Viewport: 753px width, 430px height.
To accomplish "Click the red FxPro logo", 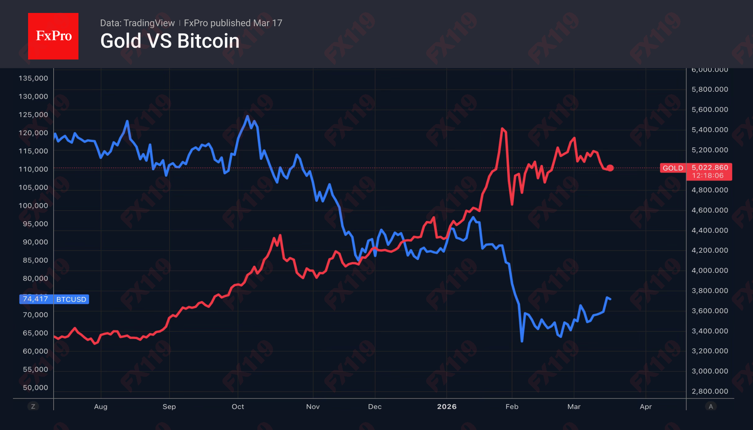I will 53,36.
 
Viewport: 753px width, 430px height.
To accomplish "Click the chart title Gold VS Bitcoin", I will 170,41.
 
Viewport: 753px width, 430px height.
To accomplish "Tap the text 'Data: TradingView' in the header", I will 137,23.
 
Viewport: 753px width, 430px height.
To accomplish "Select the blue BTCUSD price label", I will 71,299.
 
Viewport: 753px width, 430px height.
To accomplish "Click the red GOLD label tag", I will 673,168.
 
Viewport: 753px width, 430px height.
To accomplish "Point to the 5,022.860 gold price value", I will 709,168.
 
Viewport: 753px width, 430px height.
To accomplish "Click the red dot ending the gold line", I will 610,168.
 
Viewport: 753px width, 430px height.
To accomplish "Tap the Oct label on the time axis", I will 238,407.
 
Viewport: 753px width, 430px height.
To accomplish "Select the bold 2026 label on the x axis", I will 447,407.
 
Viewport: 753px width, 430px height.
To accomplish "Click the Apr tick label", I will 646,407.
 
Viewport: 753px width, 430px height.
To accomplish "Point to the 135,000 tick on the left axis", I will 33,78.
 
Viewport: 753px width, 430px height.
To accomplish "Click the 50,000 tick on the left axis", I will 35,388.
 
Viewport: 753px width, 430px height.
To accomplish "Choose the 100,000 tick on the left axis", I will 33,206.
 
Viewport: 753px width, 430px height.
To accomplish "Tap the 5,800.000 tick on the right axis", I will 709,90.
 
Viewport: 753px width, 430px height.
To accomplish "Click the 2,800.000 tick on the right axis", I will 709,391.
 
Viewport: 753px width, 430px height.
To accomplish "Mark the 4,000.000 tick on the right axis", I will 709,270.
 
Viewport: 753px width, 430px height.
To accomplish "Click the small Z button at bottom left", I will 33,407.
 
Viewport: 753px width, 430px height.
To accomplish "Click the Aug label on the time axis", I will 101,407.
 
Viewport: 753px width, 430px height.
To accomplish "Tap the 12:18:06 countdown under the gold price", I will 707,176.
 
